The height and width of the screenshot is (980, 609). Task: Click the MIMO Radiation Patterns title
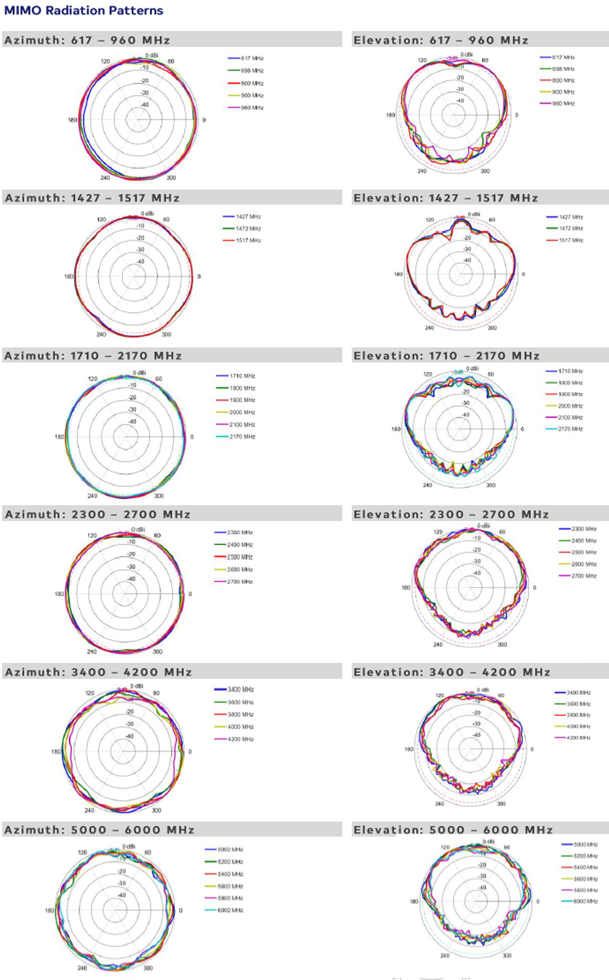(83, 10)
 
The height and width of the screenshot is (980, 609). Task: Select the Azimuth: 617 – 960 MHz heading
(87, 40)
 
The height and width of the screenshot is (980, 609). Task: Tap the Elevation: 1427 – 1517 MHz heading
(446, 198)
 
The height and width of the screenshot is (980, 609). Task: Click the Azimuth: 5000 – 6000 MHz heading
(99, 830)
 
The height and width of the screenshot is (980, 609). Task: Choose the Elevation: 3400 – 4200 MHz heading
(452, 672)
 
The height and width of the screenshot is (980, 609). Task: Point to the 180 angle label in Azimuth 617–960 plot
(72, 120)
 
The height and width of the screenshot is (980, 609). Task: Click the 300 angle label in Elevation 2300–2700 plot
(502, 645)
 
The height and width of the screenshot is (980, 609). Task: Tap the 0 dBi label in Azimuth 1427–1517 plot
(147, 213)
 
